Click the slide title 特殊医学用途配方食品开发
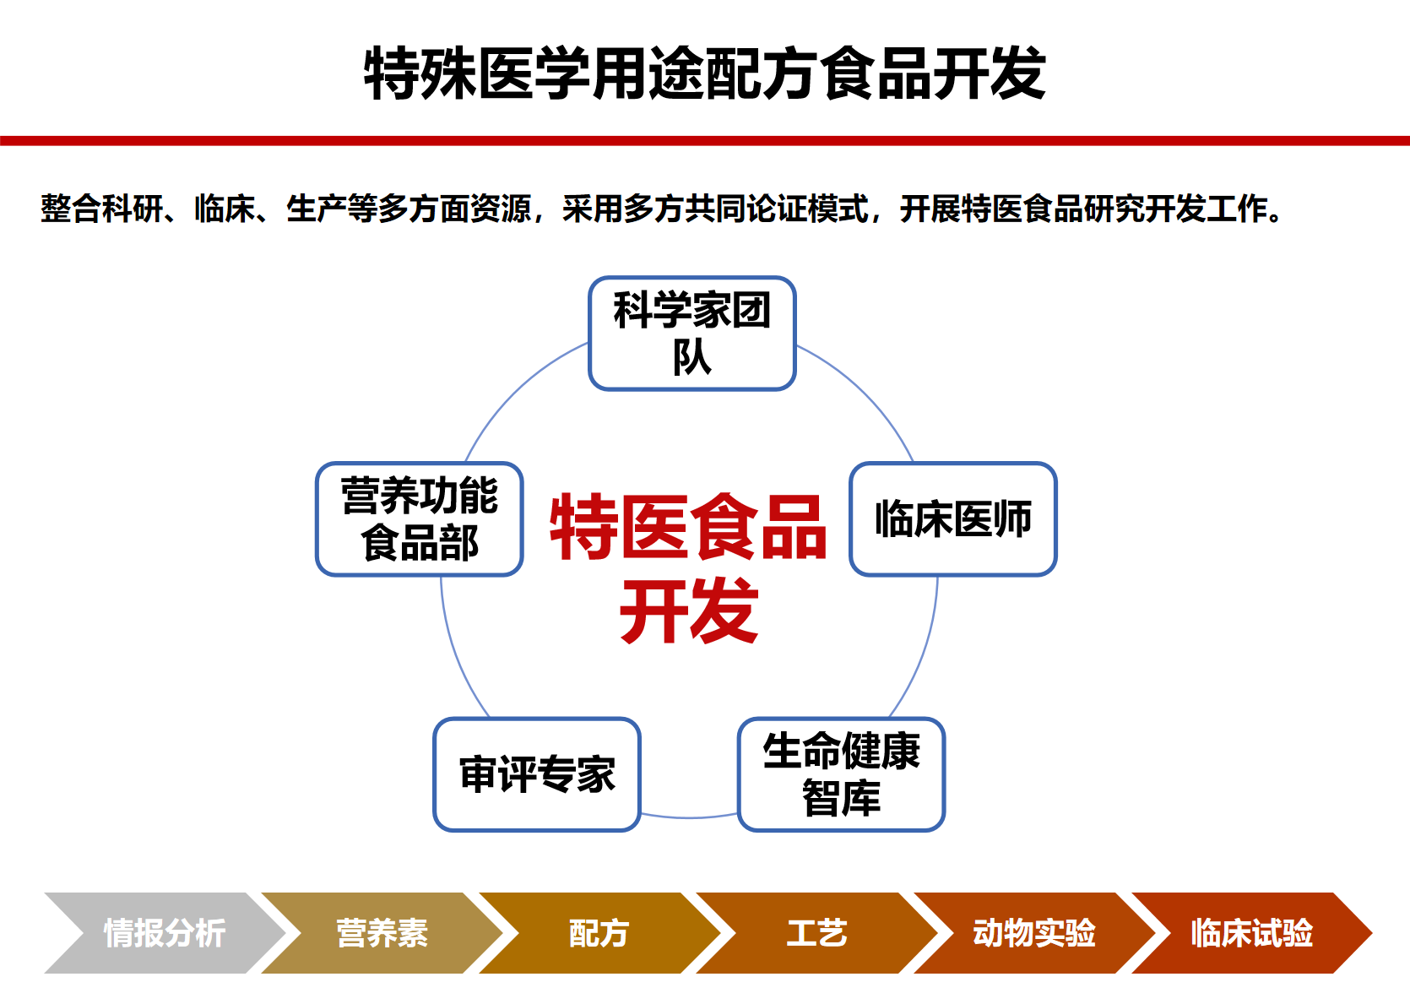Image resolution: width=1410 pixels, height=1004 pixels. point(705,73)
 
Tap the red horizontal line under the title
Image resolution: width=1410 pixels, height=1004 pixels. point(705,140)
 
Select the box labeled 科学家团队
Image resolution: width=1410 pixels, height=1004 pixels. point(692,333)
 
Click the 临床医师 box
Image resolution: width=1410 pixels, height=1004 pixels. point(953,518)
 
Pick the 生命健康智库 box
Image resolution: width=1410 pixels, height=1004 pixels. point(842,774)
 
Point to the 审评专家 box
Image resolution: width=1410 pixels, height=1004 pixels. point(537,774)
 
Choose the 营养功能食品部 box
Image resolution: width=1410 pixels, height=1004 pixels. point(420,518)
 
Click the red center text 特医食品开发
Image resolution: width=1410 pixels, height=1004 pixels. point(689,567)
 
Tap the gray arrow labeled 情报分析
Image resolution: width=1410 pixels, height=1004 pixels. point(165,933)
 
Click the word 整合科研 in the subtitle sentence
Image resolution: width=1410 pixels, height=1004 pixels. point(102,209)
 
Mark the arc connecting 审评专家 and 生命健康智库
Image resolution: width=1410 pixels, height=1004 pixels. point(689,817)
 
